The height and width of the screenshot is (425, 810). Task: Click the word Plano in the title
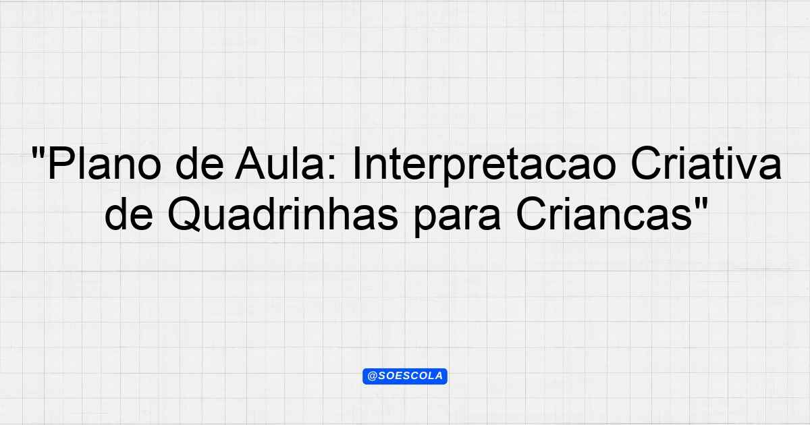point(105,164)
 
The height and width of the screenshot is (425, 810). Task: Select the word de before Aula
point(200,163)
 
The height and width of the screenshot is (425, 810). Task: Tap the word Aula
point(279,163)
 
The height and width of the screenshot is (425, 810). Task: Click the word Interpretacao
point(484,166)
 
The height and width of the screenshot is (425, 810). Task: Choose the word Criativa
point(706,163)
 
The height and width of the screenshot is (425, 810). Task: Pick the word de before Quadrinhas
point(129,214)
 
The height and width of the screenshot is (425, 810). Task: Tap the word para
point(457,219)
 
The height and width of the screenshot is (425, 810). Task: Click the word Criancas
point(604,214)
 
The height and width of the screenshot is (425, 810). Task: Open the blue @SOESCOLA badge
point(405,376)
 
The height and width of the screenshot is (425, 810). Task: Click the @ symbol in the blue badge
point(372,376)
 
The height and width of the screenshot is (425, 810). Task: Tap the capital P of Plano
point(60,163)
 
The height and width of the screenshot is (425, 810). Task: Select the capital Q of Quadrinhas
point(184,215)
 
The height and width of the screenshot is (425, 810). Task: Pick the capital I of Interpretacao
point(356,163)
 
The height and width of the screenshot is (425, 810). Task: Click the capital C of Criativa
point(645,163)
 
